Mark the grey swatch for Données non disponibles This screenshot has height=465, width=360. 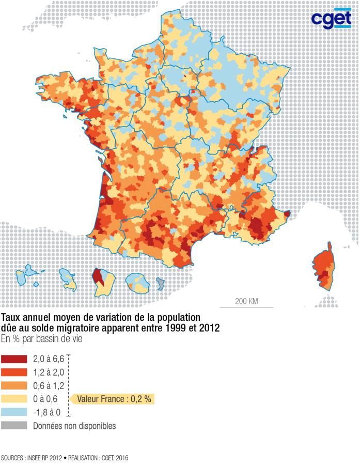[x=14, y=426]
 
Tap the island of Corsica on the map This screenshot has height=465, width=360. [x=323, y=269]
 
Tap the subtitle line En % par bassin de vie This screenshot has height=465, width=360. [x=41, y=339]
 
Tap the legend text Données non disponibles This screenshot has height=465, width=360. [x=74, y=426]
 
